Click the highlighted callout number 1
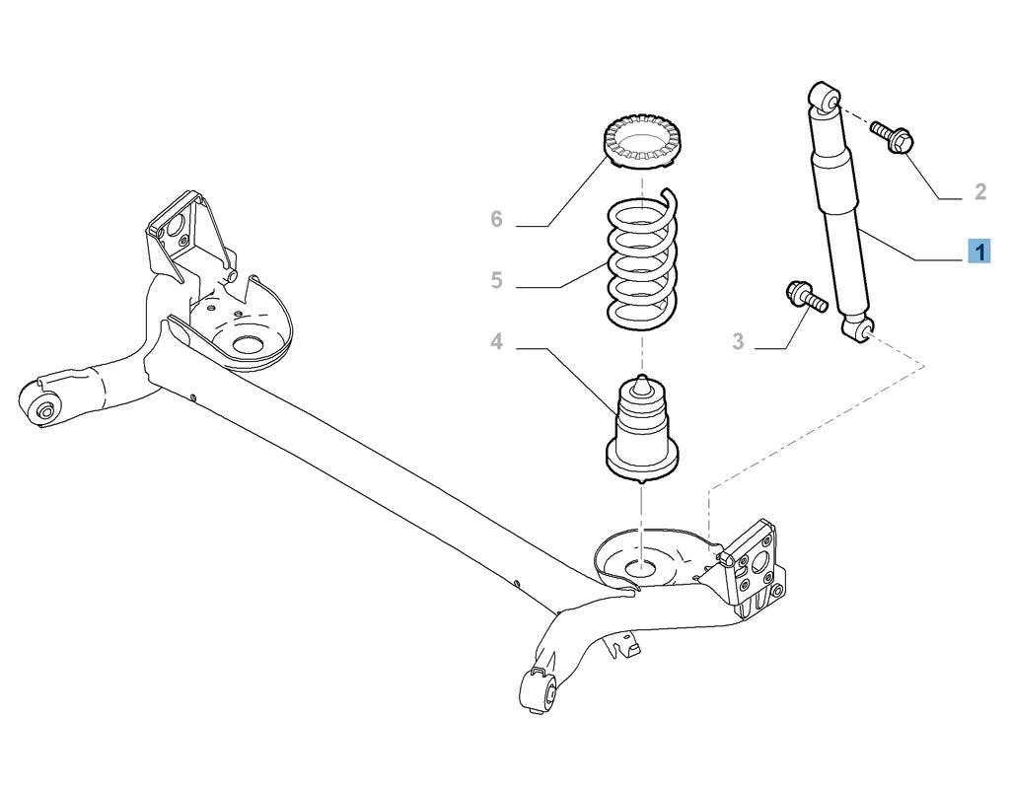[x=978, y=252]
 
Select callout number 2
[x=979, y=191]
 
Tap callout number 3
[x=738, y=342]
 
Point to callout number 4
[x=496, y=342]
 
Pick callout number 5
[x=496, y=281]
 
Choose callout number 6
[x=496, y=219]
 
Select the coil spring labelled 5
[x=642, y=261]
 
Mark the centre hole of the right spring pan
[x=642, y=568]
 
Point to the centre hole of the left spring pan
[x=246, y=347]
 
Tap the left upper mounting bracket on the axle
[x=178, y=237]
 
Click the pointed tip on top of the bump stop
[x=642, y=379]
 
